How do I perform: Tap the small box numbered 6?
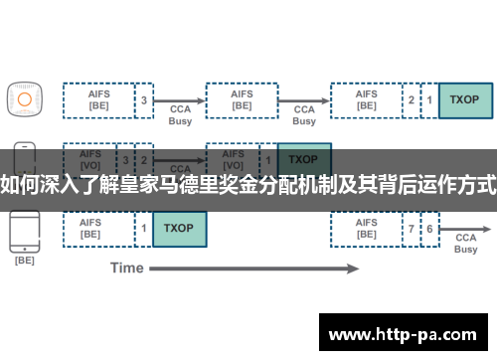pos(429,228)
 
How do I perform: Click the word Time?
pos(126,268)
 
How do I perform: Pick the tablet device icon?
pos(24,228)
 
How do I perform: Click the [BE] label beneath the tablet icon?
pos(24,261)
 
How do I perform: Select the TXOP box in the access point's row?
pos(464,99)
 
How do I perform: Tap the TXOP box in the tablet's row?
pos(180,228)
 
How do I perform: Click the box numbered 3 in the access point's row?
pos(144,99)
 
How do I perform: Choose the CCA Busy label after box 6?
pos(466,244)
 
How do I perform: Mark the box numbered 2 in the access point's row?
pos(412,99)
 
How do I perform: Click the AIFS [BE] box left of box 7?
pos(367,228)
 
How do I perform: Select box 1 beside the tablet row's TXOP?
pos(144,228)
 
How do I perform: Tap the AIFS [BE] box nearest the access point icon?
pos(98,99)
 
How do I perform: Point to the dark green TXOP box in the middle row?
pos(304,158)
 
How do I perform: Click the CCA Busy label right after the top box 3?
pos(179,114)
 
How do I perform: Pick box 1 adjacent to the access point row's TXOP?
pos(429,99)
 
